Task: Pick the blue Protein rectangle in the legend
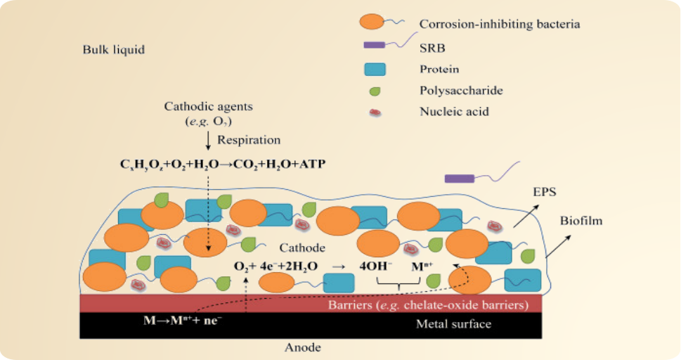(375, 69)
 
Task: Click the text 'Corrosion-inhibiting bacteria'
(500, 24)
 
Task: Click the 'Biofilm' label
(581, 221)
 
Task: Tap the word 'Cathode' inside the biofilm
(302, 248)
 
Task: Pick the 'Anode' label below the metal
(303, 347)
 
